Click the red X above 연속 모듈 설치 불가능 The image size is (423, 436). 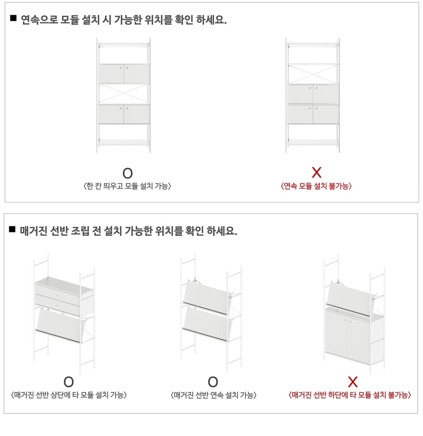316,172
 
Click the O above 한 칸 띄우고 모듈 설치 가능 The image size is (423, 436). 128,173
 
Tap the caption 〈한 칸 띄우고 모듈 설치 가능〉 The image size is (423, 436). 127,186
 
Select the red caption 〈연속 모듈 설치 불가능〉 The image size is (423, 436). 316,186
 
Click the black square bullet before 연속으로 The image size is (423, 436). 13,18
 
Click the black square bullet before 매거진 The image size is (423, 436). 12,229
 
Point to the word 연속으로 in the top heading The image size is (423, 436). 39,19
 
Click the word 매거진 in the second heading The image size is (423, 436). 33,231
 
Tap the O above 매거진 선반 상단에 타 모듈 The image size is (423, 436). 69,382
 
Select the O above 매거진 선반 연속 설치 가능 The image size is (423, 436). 213,382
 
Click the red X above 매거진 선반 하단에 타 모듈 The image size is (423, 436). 353,382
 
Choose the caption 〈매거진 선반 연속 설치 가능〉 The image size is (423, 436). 213,395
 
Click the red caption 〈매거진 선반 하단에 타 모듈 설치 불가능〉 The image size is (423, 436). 350,395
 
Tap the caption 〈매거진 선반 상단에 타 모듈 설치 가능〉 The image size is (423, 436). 69,395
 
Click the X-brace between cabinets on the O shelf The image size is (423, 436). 124,94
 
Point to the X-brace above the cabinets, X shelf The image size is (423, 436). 313,74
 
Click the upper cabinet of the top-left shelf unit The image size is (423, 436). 124,73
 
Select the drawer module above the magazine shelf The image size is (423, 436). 64,296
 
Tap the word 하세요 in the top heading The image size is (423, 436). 211,19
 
